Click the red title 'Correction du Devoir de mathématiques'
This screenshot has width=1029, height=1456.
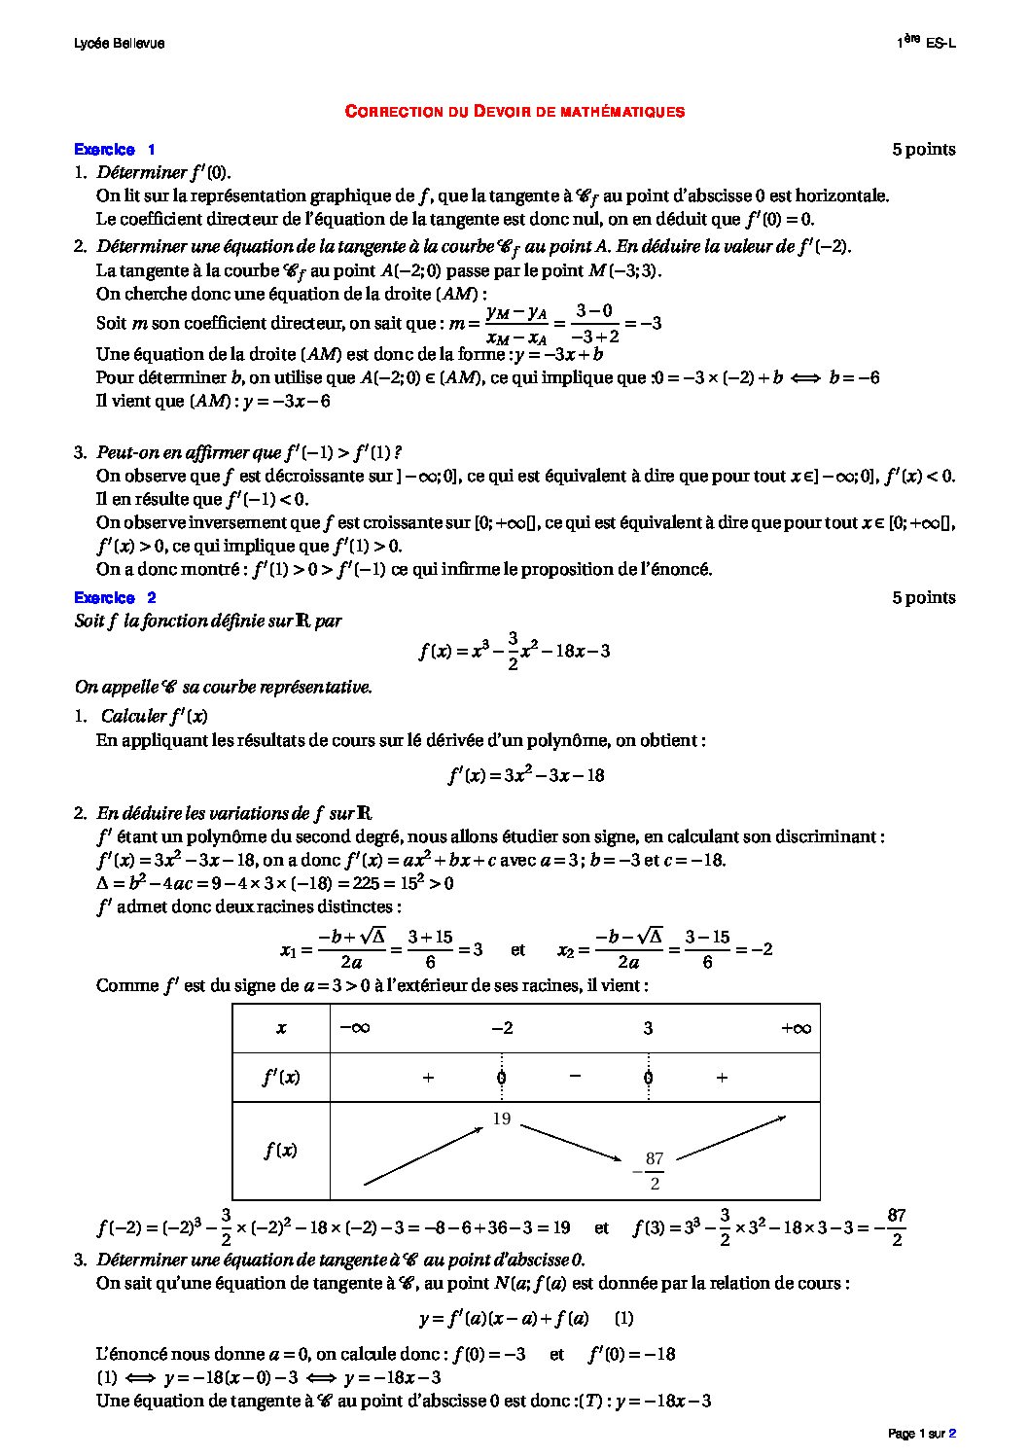[514, 112]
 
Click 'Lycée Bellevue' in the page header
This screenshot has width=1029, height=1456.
[119, 44]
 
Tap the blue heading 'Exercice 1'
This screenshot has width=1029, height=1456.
[114, 150]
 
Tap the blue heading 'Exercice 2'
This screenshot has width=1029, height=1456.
[114, 598]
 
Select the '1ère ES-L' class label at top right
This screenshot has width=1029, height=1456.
[925, 43]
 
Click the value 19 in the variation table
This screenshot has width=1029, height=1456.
[502, 1119]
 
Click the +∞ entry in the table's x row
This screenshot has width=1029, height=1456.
[796, 1029]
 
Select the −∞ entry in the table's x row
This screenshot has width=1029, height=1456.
[354, 1029]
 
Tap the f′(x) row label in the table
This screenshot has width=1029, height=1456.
[280, 1078]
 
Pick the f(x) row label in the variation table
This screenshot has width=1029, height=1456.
[280, 1151]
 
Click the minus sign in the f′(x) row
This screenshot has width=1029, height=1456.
[575, 1077]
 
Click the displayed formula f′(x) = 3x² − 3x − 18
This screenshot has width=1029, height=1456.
[526, 776]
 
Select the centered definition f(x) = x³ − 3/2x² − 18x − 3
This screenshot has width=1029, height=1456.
[514, 652]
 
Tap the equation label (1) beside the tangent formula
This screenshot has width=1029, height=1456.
[624, 1319]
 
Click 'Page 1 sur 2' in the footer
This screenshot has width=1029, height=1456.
[922, 1434]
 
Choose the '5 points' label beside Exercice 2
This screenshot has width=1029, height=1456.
[924, 598]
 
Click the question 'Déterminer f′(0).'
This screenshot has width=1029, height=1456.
[163, 173]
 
